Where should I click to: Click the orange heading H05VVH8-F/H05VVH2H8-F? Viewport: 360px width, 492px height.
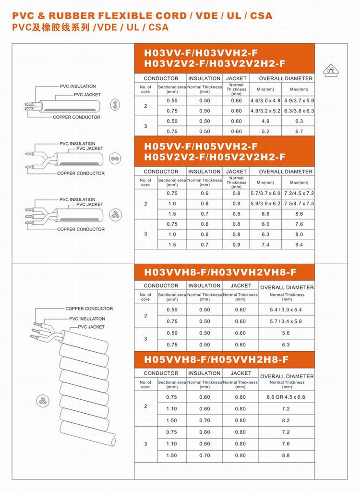(x=216, y=359)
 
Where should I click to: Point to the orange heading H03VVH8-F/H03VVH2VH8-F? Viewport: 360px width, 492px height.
(x=220, y=271)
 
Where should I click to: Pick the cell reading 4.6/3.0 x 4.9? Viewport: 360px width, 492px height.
(x=265, y=101)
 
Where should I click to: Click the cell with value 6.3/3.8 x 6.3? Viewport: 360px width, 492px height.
(x=299, y=111)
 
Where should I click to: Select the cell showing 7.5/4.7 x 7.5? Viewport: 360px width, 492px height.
(x=299, y=204)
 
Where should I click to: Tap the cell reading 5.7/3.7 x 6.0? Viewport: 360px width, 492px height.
(x=265, y=193)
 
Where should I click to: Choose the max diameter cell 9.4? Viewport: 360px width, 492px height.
(x=299, y=245)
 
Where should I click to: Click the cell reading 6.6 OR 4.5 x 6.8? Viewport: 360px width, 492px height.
(x=286, y=397)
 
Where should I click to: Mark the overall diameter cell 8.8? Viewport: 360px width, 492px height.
(x=286, y=455)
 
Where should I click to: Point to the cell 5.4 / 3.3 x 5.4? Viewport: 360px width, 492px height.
(x=286, y=310)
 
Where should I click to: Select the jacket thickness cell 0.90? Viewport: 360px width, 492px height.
(x=240, y=455)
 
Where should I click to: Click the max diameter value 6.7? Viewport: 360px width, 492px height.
(x=299, y=131)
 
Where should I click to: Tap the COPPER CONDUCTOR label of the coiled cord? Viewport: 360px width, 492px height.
(x=89, y=308)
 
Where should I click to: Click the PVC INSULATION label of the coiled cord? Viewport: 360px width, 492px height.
(x=87, y=319)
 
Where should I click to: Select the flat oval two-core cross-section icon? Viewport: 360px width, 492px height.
(x=114, y=103)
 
